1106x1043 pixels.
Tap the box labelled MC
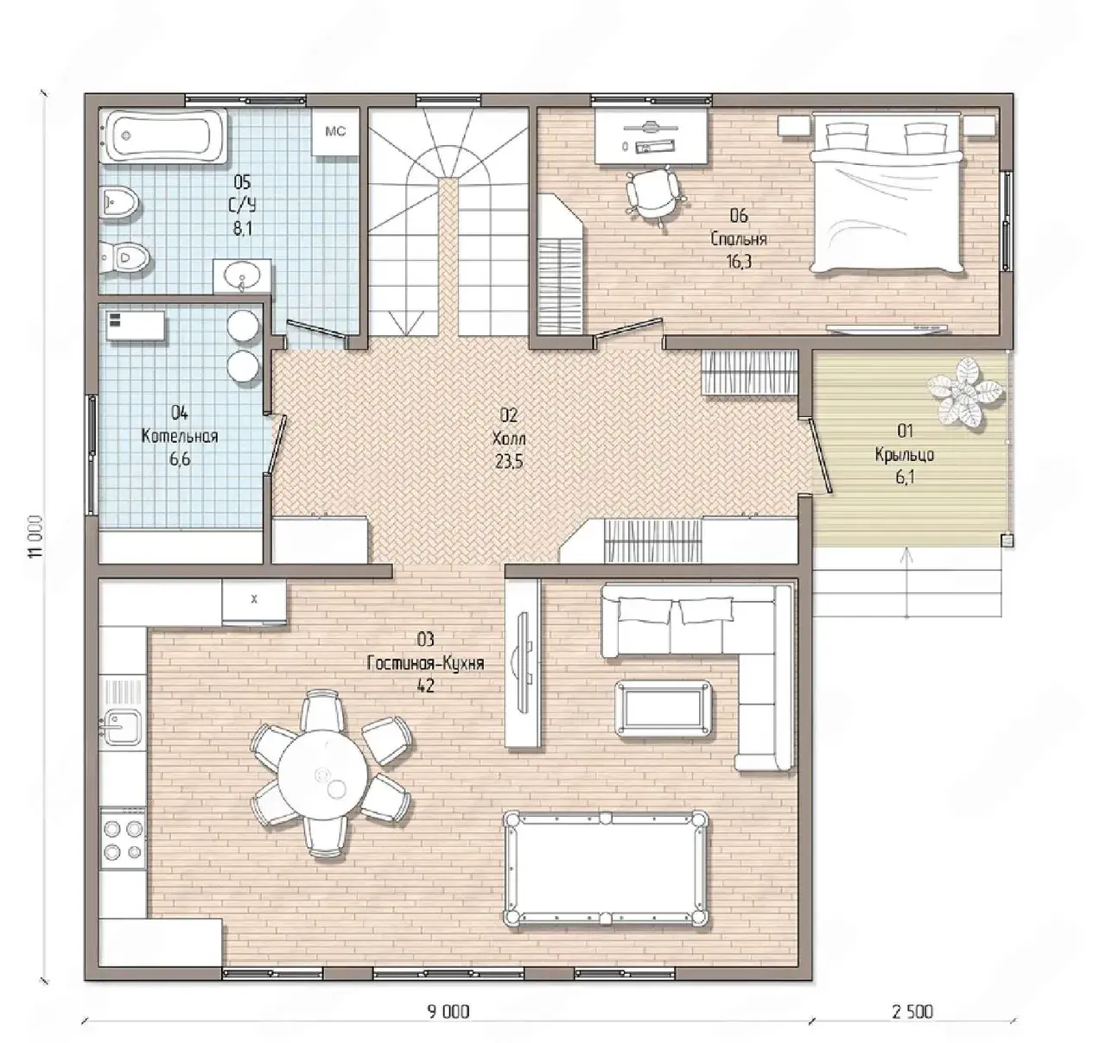(x=334, y=132)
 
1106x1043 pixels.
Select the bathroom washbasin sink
(x=242, y=275)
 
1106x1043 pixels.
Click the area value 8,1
(x=243, y=228)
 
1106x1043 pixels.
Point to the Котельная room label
(x=180, y=436)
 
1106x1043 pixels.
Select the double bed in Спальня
(x=886, y=193)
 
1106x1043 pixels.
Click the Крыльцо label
(x=905, y=455)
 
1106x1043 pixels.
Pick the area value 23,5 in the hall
(x=509, y=461)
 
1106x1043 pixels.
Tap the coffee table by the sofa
(x=664, y=709)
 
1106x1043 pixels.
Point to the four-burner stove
(x=123, y=838)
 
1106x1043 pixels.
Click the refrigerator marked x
(x=254, y=601)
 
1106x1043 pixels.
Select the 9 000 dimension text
(x=448, y=1011)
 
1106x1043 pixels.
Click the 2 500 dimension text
(x=912, y=1011)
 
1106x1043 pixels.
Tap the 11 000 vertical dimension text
(x=35, y=536)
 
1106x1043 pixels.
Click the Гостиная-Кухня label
(x=425, y=663)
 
